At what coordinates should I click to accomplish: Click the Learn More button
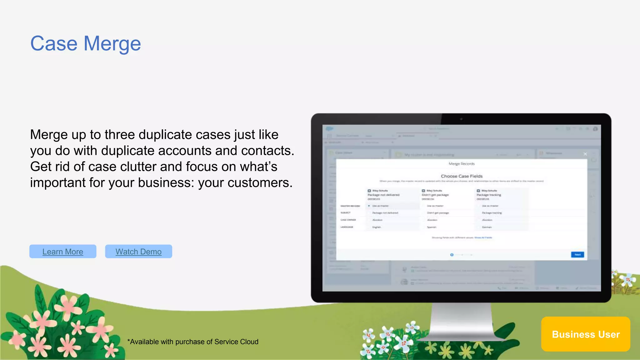63,252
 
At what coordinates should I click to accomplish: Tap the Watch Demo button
138,252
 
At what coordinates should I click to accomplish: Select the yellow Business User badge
586,334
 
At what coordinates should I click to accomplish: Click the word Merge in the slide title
112,44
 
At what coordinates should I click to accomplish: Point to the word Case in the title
54,44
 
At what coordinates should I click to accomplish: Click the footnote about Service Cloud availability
193,342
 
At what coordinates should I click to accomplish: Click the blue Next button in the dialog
577,255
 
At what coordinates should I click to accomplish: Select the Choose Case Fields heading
462,176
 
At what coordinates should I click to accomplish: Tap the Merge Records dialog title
462,164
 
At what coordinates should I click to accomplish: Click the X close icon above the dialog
585,154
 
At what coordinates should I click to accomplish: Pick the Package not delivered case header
383,195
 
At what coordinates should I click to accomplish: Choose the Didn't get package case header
435,195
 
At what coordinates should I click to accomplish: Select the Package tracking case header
489,195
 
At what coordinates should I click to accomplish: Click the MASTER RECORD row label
350,206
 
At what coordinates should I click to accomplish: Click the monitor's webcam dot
461,119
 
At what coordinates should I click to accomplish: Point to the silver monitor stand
461,322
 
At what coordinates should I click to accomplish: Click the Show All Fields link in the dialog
483,238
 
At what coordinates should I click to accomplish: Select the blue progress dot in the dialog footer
452,255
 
